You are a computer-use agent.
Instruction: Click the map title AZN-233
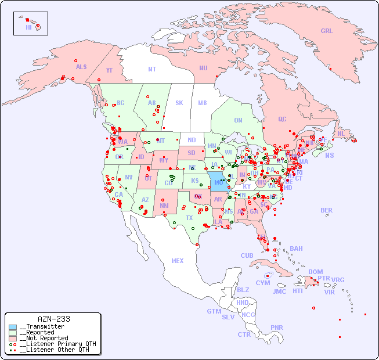(x=53, y=319)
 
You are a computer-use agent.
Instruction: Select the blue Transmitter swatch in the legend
(x=13, y=327)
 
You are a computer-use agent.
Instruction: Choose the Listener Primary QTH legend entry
(x=57, y=344)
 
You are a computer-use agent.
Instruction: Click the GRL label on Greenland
(x=327, y=31)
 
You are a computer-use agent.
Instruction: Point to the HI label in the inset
(x=28, y=27)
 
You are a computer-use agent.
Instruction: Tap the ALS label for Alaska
(x=81, y=67)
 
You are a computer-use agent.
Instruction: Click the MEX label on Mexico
(x=177, y=261)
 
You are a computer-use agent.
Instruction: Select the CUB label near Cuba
(x=247, y=255)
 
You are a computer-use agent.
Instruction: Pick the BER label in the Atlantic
(x=326, y=210)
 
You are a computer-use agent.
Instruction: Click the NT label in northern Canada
(x=151, y=69)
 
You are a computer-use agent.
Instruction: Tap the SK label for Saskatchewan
(x=179, y=103)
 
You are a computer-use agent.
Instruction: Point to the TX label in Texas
(x=189, y=218)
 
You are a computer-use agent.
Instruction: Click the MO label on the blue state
(x=218, y=182)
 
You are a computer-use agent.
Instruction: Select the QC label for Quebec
(x=281, y=119)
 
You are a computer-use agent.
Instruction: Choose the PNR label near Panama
(x=277, y=327)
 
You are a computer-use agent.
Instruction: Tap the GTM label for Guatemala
(x=214, y=311)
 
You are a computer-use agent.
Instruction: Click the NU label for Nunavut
(x=203, y=68)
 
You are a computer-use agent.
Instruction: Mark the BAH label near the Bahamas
(x=296, y=249)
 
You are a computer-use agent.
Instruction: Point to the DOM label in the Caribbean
(x=315, y=272)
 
